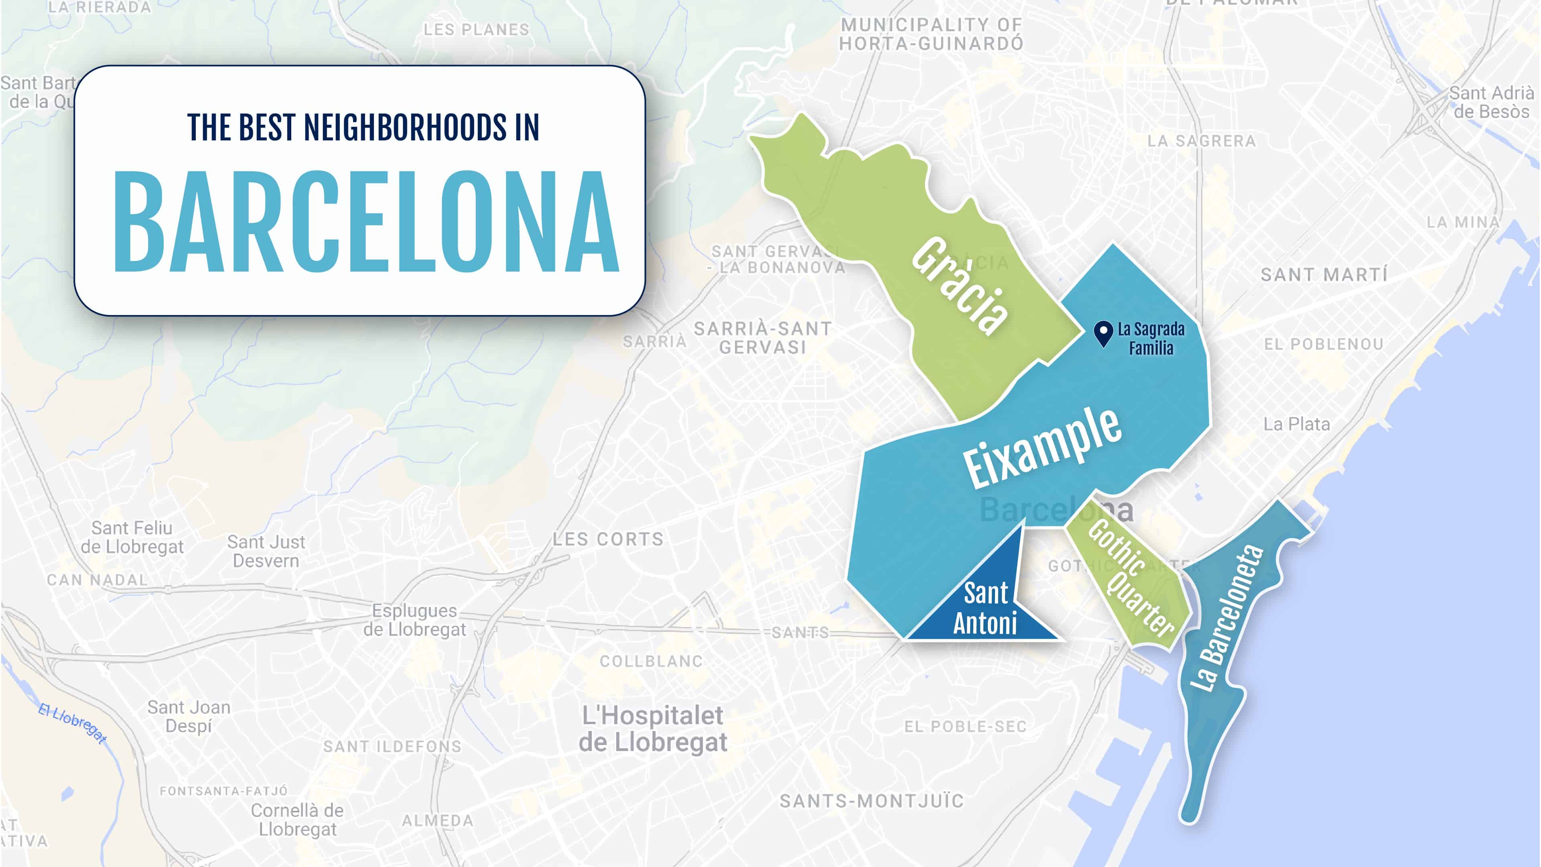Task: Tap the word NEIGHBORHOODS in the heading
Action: coord(405,128)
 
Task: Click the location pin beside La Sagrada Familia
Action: coord(1103,333)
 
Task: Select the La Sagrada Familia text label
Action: coord(1151,339)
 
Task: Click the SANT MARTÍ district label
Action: coord(1324,275)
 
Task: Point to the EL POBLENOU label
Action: coord(1323,345)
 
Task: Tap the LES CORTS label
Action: coord(608,540)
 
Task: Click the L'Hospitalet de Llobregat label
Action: coord(653,729)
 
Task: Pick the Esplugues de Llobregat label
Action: coord(414,620)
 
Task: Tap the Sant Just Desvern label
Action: coord(266,551)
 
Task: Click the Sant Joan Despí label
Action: coord(189,716)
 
